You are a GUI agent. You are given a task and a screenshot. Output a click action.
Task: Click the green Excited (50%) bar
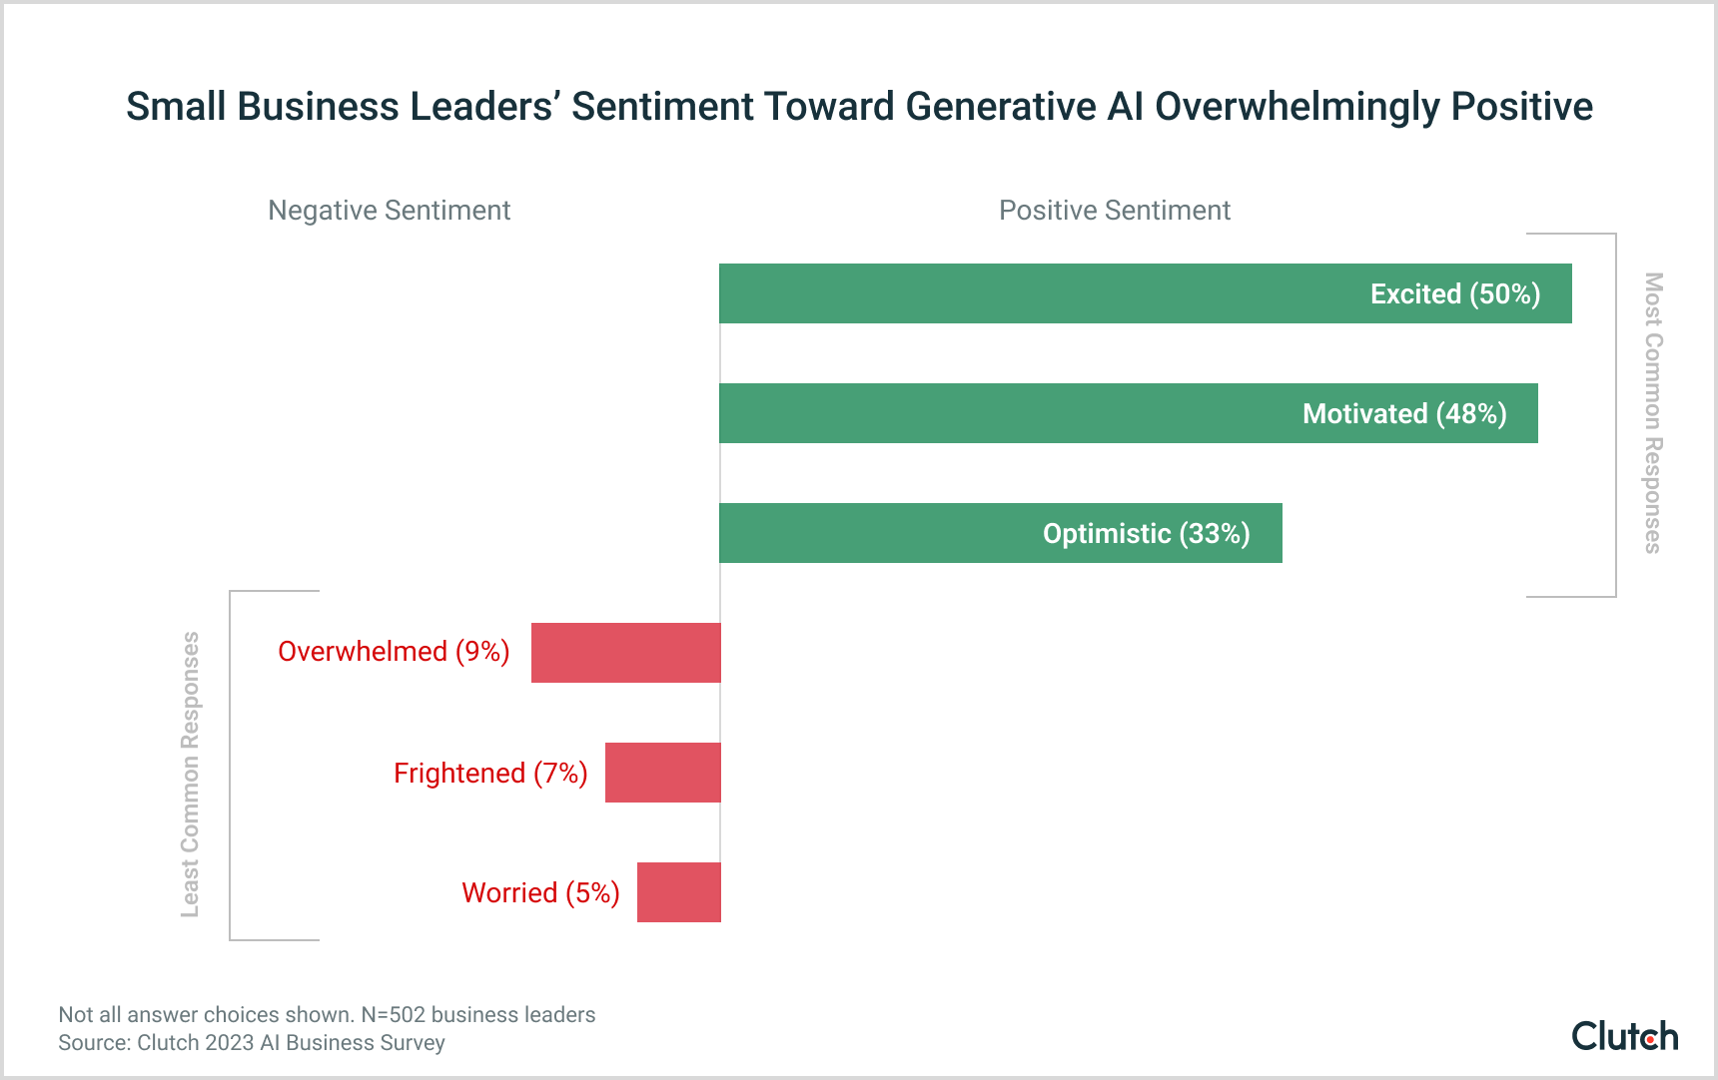tap(1039, 293)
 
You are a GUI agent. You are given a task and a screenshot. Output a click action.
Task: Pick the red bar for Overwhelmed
tap(625, 653)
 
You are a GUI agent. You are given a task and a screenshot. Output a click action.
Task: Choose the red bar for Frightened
tap(662, 773)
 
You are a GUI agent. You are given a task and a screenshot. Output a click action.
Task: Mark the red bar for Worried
tap(678, 892)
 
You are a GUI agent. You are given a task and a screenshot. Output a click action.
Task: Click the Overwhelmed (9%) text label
tap(394, 652)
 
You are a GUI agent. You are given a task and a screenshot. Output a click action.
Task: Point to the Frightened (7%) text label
tap(490, 774)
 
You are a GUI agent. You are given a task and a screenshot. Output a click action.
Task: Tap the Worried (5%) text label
tap(540, 892)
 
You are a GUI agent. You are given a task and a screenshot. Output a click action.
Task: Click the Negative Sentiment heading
tap(389, 211)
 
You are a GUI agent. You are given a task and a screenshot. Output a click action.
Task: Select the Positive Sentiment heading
tap(1114, 211)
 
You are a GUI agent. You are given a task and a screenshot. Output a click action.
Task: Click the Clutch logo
tap(1624, 1036)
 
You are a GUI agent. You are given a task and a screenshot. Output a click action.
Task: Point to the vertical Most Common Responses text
tap(1653, 413)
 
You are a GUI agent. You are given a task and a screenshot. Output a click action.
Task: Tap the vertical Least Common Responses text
tap(190, 774)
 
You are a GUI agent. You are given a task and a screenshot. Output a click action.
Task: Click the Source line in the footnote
tap(252, 1043)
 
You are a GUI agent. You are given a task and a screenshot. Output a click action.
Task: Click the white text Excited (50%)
tap(1454, 294)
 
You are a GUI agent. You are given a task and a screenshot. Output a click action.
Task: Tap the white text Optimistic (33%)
tap(1146, 534)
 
